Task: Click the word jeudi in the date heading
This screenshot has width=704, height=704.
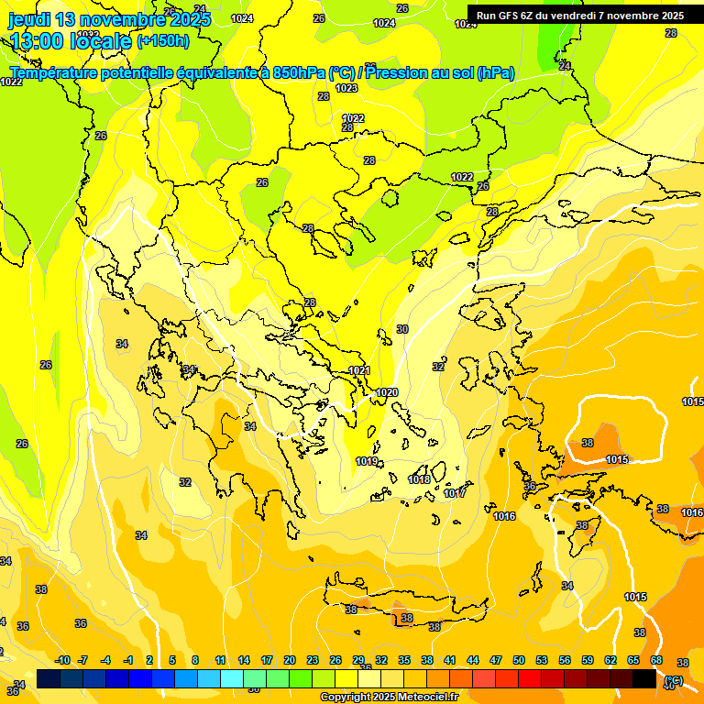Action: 29,19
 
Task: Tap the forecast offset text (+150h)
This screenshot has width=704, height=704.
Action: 162,41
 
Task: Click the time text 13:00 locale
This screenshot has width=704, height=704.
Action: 71,41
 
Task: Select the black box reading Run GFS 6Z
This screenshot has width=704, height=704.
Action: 579,16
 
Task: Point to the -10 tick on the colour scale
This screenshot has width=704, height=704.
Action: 62,660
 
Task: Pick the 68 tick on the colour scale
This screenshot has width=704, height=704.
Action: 656,660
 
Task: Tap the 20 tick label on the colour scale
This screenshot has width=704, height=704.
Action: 289,660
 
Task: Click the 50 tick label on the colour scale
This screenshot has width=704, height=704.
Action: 519,660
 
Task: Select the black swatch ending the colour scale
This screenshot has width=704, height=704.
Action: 644,678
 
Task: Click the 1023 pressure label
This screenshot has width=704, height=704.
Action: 346,89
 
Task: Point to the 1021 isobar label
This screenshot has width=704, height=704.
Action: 359,371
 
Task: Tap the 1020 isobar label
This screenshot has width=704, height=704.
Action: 388,392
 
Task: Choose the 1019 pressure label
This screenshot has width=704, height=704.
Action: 367,461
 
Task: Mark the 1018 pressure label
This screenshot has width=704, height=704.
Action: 419,480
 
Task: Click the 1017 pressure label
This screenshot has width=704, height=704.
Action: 455,494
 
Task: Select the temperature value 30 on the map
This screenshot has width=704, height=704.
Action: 401,329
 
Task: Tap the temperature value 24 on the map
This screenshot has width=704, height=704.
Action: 565,66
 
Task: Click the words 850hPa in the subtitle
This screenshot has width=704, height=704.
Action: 300,73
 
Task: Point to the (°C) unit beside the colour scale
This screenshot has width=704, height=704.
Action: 674,680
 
